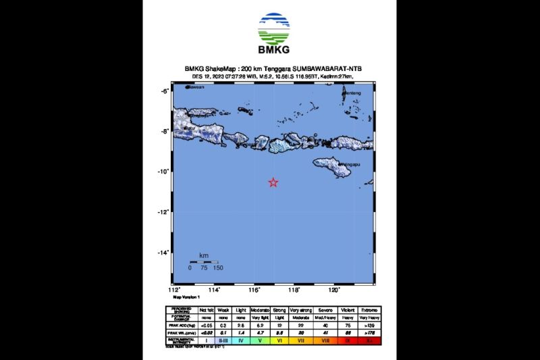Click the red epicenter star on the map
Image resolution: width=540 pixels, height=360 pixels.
click(273, 182)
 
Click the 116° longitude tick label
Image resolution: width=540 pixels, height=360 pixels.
click(254, 290)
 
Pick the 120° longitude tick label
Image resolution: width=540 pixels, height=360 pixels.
click(333, 290)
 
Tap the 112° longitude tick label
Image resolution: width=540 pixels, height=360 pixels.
click(174, 290)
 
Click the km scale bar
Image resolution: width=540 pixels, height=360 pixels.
click(204, 261)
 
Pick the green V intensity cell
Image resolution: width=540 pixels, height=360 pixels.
click(259, 341)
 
